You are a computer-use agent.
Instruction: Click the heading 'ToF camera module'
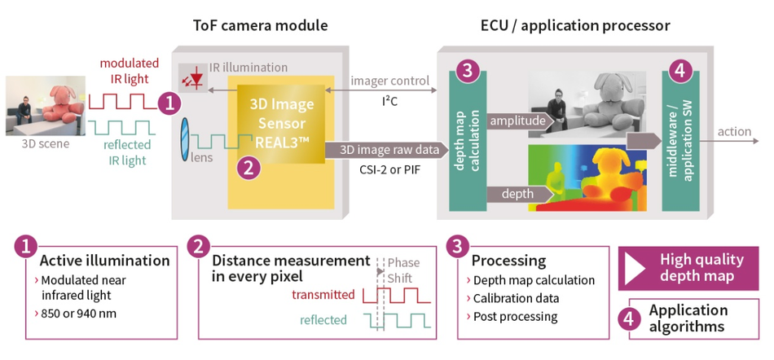[260, 25]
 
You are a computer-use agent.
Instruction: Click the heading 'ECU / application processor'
[575, 25]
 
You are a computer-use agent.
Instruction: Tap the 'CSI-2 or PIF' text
[389, 172]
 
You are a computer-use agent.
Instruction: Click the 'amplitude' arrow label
[517, 121]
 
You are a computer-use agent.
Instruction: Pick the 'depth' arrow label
[517, 193]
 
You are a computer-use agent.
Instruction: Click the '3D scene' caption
[46, 144]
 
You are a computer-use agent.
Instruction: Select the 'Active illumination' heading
[105, 261]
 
